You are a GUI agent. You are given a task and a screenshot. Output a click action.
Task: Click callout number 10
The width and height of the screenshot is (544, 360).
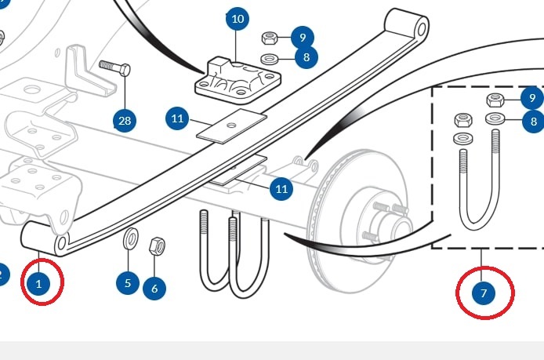238,18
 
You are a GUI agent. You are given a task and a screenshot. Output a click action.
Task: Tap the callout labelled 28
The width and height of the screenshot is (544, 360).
125,121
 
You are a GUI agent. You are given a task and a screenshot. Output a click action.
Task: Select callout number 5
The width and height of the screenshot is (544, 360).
128,283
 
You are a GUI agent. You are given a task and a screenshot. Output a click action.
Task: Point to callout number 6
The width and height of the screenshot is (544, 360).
154,288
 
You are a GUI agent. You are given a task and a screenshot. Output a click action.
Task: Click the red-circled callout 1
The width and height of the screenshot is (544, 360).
38,284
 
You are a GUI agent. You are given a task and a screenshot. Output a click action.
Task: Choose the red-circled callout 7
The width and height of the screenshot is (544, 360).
484,293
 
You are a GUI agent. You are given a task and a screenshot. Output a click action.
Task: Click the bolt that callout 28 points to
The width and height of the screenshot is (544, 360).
115,68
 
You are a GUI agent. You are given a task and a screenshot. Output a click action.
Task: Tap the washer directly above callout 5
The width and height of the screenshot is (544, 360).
130,238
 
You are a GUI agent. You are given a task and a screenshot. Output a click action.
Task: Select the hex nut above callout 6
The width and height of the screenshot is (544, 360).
157,246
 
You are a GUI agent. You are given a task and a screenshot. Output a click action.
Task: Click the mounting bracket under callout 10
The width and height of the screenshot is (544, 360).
238,80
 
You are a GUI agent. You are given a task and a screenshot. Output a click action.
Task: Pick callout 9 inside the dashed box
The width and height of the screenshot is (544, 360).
532,98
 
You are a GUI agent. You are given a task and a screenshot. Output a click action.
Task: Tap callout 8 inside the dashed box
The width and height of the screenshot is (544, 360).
533,121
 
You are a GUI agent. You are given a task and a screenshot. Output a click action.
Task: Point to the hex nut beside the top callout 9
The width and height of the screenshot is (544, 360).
269,38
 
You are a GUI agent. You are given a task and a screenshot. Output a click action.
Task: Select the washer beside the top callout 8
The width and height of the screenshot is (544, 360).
269,59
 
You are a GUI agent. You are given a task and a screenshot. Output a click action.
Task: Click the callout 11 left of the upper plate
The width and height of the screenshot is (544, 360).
177,118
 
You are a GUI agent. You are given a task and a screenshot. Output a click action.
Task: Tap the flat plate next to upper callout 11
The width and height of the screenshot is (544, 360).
231,126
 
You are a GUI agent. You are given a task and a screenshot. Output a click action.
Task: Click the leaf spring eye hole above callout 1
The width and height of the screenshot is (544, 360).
62,243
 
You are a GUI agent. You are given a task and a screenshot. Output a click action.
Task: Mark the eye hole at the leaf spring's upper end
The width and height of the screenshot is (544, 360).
422,29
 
